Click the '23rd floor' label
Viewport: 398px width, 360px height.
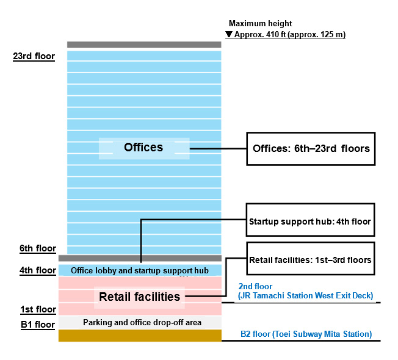[34, 57]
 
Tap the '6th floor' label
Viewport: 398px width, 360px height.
[37, 248]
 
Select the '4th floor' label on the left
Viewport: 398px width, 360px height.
[37, 270]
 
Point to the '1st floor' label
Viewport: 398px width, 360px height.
[37, 309]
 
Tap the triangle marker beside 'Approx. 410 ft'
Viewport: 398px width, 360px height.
[229, 35]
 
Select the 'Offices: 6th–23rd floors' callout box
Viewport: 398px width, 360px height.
[311, 148]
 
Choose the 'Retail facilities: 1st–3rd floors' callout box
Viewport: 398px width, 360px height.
[310, 260]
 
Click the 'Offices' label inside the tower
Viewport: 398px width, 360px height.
[143, 148]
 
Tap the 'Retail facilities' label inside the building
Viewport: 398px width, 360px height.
[140, 297]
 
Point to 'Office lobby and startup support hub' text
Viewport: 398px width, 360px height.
[140, 270]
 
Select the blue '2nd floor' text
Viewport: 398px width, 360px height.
[255, 286]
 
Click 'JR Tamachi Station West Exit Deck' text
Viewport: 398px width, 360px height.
[305, 296]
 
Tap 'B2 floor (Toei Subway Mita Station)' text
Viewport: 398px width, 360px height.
[306, 334]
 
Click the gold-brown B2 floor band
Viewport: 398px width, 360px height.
[140, 336]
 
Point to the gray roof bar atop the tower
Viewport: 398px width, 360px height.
[144, 45]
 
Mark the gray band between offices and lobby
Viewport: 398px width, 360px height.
[140, 259]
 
